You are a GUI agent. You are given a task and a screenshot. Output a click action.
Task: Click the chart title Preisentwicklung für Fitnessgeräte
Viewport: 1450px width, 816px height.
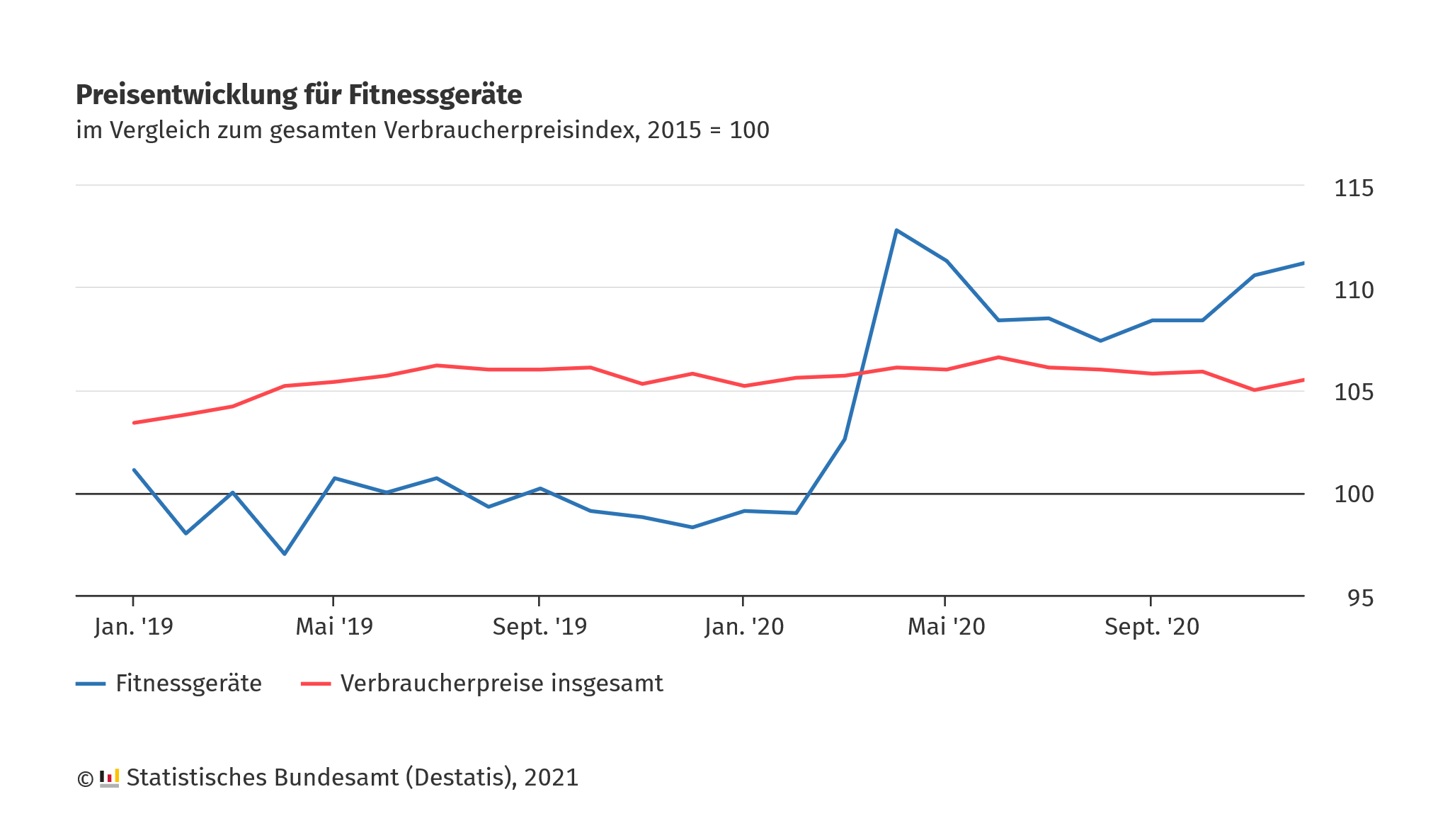pos(298,95)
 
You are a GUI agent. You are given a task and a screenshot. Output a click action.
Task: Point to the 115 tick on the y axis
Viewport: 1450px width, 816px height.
pos(1353,188)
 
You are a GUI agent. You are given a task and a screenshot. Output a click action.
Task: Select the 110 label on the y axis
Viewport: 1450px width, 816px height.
pos(1353,290)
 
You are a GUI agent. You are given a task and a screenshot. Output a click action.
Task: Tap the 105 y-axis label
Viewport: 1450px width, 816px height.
pos(1353,392)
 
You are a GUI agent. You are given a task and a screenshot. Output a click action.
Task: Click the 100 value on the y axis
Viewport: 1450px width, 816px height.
pos(1353,494)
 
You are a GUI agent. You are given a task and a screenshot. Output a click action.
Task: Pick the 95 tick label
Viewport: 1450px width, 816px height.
pos(1360,599)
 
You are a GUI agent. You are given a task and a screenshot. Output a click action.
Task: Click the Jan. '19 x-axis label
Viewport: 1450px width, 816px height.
pos(134,627)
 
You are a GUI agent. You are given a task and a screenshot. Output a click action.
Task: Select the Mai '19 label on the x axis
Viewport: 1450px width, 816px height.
pos(334,627)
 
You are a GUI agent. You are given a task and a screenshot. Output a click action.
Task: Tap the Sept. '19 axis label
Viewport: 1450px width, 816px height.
pos(540,627)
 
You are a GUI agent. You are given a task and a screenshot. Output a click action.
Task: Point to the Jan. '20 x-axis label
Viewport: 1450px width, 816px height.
pos(744,627)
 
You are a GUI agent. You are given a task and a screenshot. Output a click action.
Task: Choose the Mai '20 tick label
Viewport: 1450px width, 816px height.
pos(946,627)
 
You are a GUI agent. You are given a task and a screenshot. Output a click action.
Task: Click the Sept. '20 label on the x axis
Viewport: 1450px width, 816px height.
pos(1151,627)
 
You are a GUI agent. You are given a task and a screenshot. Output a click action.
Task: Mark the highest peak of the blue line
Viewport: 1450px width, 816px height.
pos(896,230)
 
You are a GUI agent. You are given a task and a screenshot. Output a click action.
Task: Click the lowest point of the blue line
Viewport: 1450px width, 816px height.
pos(285,553)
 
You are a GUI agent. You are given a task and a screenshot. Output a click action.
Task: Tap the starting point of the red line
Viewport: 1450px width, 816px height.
pos(134,423)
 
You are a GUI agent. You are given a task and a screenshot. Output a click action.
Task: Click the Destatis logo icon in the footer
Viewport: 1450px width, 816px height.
pos(109,778)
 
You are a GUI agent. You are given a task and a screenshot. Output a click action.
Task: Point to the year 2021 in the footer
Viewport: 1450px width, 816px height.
pos(551,778)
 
